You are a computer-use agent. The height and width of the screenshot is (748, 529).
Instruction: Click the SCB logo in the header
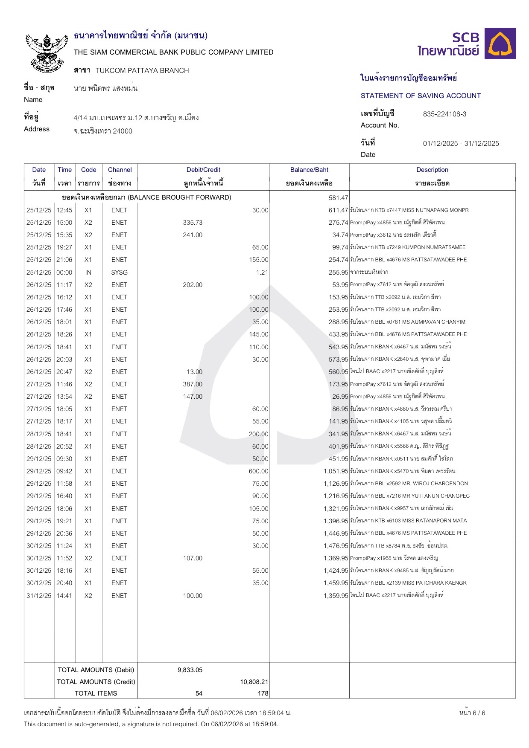pyautogui.click(x=466, y=44)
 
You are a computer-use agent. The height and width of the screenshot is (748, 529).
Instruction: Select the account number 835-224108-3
pyautogui.click(x=444, y=114)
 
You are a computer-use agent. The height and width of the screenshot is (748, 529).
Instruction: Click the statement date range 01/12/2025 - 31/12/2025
pyautogui.click(x=461, y=144)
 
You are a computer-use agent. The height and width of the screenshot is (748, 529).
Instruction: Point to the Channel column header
pyautogui.click(x=120, y=170)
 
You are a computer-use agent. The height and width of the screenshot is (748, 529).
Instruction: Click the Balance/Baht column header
pyautogui.click(x=309, y=170)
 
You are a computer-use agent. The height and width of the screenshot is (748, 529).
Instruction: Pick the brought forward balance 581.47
pyautogui.click(x=338, y=198)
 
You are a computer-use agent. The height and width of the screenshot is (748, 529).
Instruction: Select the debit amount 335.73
pyautogui.click(x=193, y=223)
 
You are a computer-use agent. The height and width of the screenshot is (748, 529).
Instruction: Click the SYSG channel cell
pyautogui.click(x=119, y=273)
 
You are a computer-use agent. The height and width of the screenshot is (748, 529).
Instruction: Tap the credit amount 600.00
pyautogui.click(x=258, y=471)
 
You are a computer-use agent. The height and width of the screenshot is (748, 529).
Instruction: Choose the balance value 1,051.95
pyautogui.click(x=336, y=471)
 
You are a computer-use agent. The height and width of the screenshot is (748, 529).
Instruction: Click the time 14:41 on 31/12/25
pyautogui.click(x=64, y=596)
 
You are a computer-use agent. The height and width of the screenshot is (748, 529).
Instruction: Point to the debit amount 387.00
pyautogui.click(x=193, y=384)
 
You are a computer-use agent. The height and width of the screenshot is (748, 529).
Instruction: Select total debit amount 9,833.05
pyautogui.click(x=190, y=670)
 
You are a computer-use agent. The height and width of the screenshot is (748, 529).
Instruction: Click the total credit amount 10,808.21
pyautogui.click(x=254, y=682)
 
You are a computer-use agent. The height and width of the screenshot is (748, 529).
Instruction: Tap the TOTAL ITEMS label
pyautogui.click(x=96, y=693)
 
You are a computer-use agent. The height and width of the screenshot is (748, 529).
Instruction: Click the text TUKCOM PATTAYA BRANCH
pyautogui.click(x=142, y=71)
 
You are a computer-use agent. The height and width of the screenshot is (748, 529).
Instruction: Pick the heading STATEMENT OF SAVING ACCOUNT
pyautogui.click(x=421, y=96)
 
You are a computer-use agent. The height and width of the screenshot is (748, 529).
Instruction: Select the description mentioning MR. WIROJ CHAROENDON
pyautogui.click(x=409, y=484)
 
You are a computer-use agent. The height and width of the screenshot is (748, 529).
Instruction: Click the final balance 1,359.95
pyautogui.click(x=336, y=596)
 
